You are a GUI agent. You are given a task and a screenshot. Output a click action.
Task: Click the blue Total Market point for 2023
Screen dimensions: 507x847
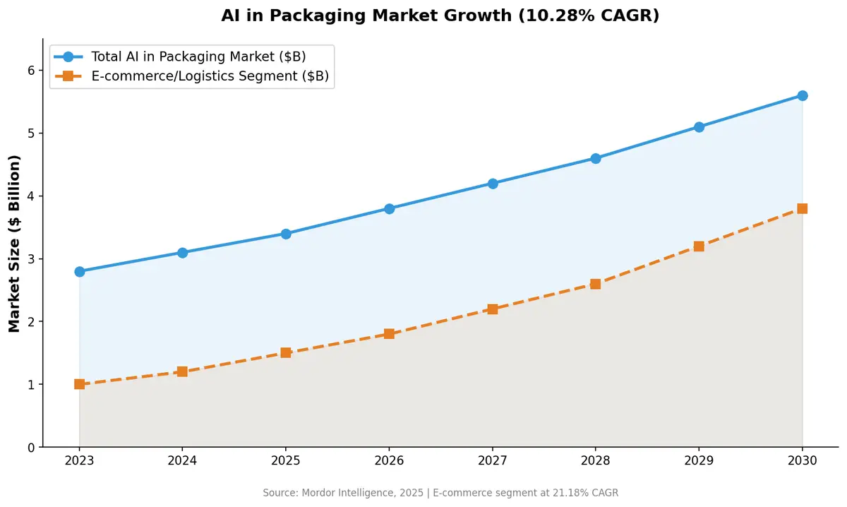coord(79,271)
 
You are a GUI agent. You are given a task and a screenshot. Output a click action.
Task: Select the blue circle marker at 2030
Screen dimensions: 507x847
coord(802,95)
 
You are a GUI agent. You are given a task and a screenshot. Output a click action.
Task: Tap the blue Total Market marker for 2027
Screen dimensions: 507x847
coord(493,184)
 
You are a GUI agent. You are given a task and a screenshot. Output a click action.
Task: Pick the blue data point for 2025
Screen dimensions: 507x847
coord(286,234)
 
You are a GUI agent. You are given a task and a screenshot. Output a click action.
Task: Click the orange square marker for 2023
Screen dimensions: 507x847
coord(79,384)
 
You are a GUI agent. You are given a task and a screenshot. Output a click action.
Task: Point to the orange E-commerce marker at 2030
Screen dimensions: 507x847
coord(802,208)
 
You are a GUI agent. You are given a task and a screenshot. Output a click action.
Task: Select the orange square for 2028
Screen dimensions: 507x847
coord(596,284)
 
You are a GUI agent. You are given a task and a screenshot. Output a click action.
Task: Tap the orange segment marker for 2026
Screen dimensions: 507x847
coord(389,334)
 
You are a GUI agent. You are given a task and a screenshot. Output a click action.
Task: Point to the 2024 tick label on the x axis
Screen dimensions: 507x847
coord(182,460)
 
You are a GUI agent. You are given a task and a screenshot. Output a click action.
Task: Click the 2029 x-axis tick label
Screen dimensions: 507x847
coord(699,460)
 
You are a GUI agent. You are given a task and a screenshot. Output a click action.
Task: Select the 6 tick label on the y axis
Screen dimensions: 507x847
coord(31,71)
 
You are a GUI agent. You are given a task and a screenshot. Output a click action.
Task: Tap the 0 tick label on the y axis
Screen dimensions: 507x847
coord(31,448)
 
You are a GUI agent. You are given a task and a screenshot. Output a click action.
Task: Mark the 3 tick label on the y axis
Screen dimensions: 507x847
coord(31,259)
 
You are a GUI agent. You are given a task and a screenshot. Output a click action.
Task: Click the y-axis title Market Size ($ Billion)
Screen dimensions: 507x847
coord(14,243)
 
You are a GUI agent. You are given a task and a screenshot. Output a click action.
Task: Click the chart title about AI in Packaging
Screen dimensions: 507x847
coord(440,16)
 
